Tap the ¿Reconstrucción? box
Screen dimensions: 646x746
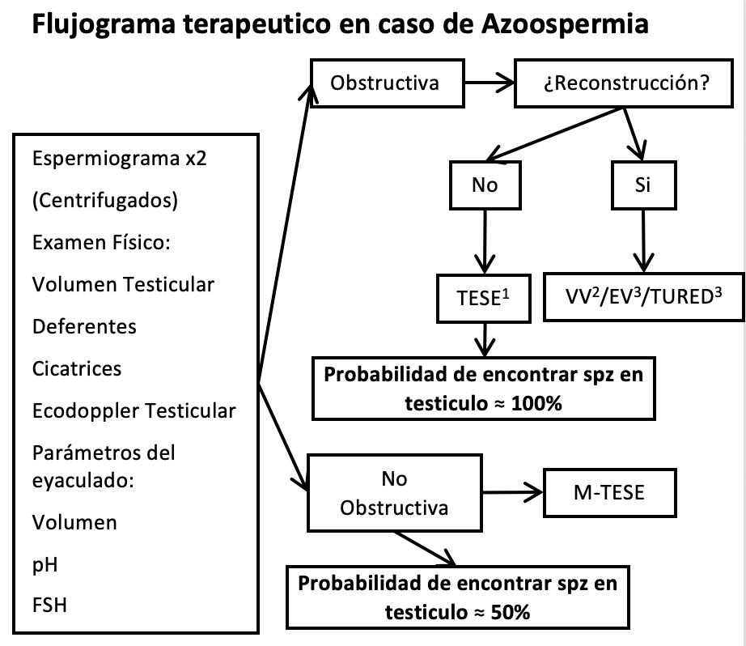point(627,83)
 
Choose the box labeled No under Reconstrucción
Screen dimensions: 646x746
point(485,185)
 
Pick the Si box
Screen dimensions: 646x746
point(643,185)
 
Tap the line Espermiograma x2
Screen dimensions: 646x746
point(120,158)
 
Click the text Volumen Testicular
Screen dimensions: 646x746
point(124,284)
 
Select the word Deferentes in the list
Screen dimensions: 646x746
point(84,326)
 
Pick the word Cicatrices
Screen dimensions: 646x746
point(77,368)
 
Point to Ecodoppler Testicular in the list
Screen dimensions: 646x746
point(134,410)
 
